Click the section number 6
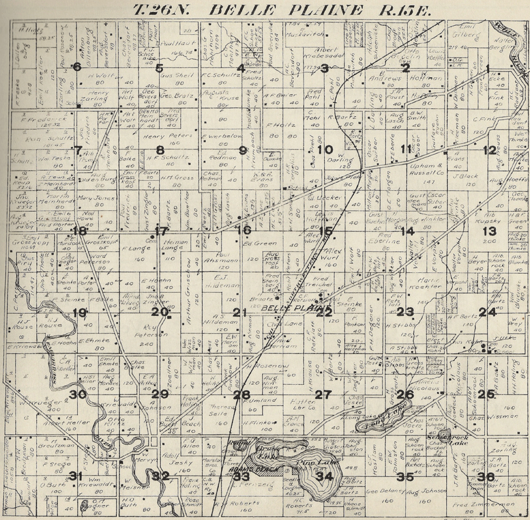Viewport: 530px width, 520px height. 77,67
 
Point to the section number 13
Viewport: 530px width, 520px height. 490,231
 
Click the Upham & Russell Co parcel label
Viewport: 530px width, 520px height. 424,168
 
